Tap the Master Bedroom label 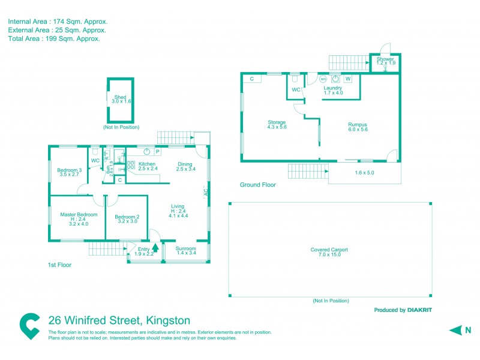tap(79, 215)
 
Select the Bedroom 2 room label tap(127, 217)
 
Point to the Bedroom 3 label tap(68, 170)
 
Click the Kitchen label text tap(147, 164)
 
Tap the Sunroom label tap(186, 248)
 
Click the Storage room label tap(277, 122)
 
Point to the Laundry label tap(332, 88)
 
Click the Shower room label tap(385, 59)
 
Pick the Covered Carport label tap(329, 250)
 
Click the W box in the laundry tap(348, 79)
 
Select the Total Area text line tap(53, 38)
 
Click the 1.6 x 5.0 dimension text tap(364, 173)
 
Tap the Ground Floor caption tap(257, 185)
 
